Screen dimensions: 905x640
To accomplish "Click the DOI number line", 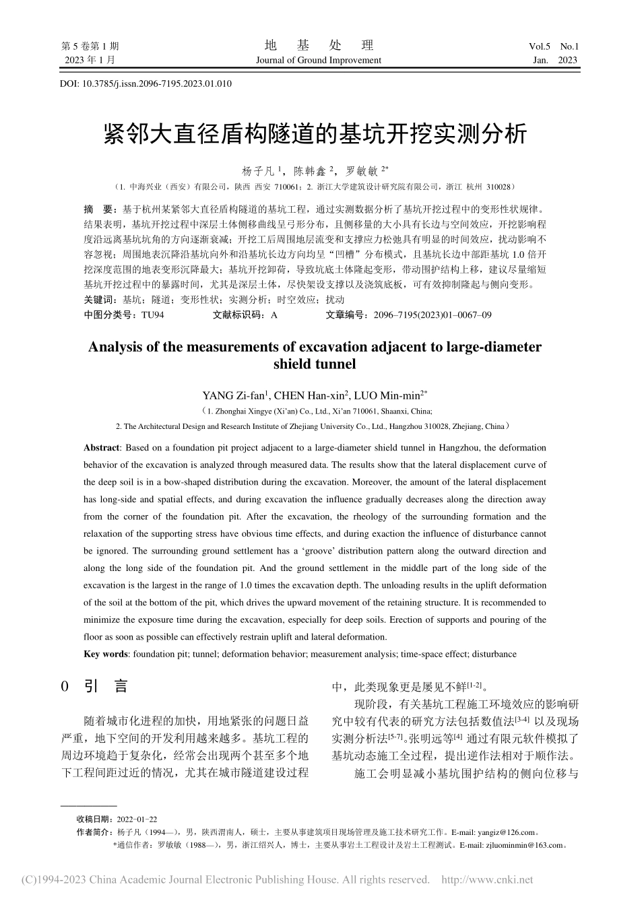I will point(146,83).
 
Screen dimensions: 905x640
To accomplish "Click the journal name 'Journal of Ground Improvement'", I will point(319,60).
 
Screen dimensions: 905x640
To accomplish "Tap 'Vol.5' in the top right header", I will point(540,46).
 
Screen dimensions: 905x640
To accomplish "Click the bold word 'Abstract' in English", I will point(101,447).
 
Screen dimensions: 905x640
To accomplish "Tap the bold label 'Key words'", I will point(106,654).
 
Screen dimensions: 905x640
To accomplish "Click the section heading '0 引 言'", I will point(94,687).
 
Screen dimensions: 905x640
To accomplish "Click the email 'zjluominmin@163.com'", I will point(526,845).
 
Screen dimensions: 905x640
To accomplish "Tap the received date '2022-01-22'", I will point(136,819).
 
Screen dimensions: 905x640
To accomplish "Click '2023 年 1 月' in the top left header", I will point(90,60).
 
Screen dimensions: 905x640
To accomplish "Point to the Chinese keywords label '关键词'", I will point(98,300).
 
